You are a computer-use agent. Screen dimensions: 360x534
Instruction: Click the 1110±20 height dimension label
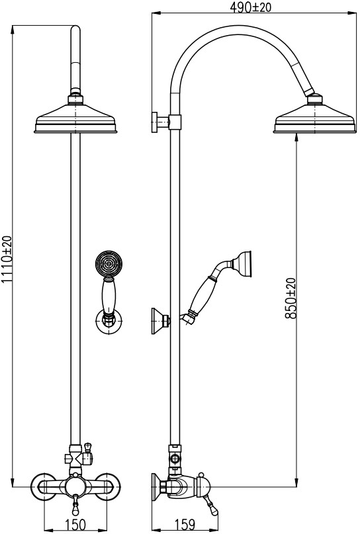(x=7, y=260)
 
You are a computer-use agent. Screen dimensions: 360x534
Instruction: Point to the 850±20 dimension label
(x=291, y=298)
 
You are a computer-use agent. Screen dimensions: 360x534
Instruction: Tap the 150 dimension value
(x=75, y=525)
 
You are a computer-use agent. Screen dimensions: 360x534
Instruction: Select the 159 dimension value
(x=184, y=525)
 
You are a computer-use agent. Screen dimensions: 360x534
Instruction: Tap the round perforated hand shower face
(x=109, y=263)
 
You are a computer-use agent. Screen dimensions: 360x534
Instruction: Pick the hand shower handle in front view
(x=109, y=294)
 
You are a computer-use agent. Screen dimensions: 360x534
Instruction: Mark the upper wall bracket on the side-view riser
(x=166, y=121)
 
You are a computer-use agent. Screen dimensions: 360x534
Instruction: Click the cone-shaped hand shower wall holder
(x=160, y=320)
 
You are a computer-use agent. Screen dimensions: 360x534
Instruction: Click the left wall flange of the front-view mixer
(x=43, y=486)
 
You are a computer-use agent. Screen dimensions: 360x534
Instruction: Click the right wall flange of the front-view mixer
(x=107, y=486)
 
